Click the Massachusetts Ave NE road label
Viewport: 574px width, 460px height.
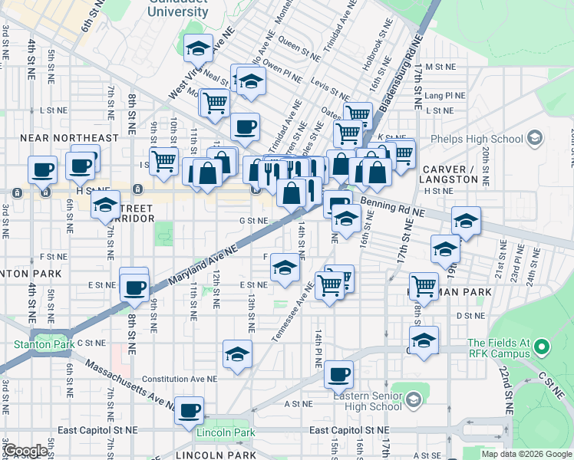127,389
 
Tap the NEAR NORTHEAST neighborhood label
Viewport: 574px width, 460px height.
69,138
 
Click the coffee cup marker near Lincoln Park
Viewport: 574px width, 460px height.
189,411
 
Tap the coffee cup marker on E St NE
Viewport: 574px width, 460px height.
134,287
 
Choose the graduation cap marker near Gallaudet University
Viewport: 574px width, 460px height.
199,48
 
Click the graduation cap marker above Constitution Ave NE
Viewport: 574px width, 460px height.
237,354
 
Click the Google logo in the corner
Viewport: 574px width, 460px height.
25,451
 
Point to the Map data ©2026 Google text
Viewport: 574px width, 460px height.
526,454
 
